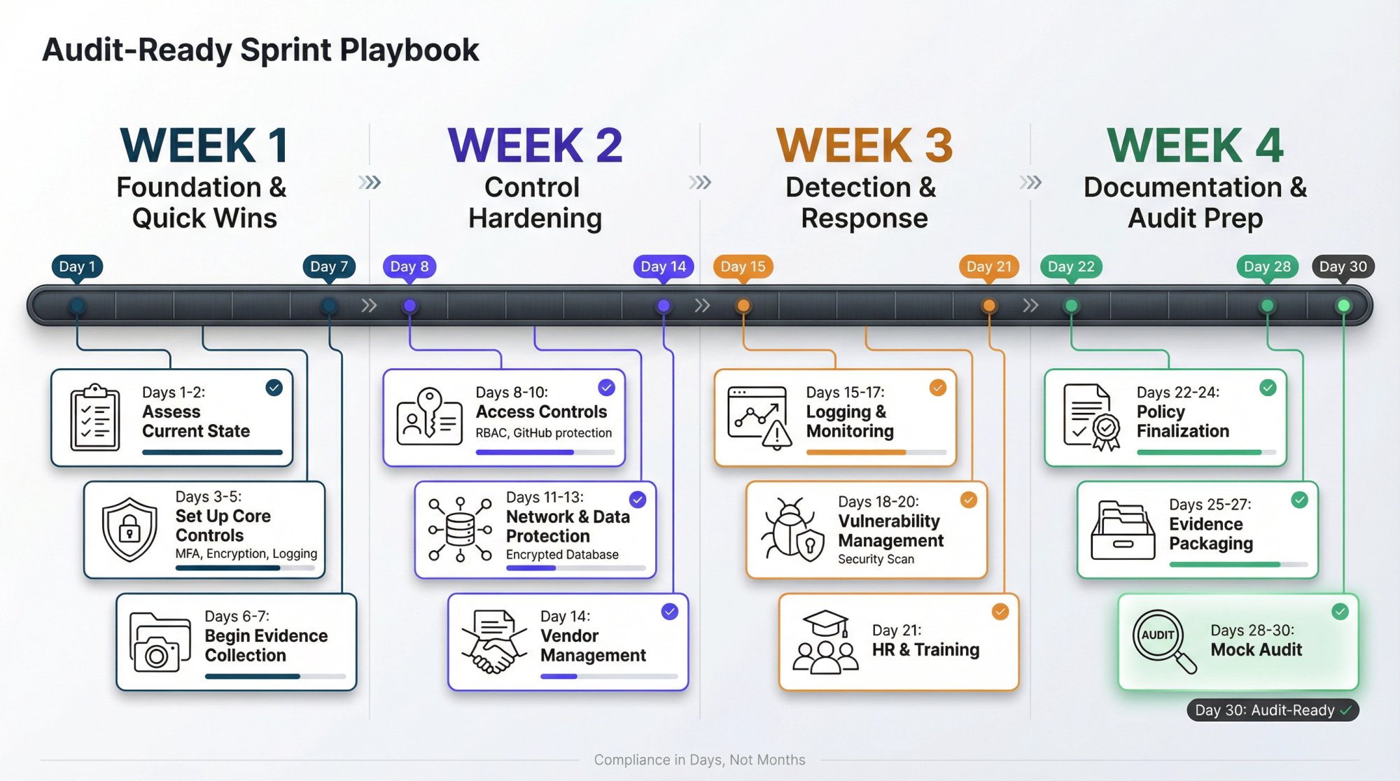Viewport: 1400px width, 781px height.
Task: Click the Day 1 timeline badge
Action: tap(77, 267)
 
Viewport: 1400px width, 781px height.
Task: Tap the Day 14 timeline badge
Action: tap(663, 267)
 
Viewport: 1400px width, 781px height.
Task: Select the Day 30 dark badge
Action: tap(1343, 267)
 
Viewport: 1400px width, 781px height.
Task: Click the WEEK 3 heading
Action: tap(864, 146)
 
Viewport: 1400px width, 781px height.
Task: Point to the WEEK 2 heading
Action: tap(535, 146)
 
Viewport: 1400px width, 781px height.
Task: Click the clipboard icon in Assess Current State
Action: tap(94, 418)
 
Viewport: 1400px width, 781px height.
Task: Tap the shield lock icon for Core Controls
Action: tap(129, 530)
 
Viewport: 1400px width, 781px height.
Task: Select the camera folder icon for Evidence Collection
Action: tap(160, 642)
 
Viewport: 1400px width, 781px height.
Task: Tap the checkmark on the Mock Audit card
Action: tap(1340, 612)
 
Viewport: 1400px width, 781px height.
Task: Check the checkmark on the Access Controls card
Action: tap(606, 388)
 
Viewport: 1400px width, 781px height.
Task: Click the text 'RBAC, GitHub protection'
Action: tap(543, 433)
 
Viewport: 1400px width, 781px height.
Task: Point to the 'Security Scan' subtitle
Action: tap(876, 559)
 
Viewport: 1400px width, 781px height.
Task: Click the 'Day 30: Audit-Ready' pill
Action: tap(1272, 710)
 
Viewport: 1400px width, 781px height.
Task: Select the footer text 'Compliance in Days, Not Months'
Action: tap(699, 760)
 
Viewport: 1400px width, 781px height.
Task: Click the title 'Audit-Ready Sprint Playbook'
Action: tap(260, 50)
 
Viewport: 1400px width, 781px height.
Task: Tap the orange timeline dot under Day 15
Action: tap(743, 306)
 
